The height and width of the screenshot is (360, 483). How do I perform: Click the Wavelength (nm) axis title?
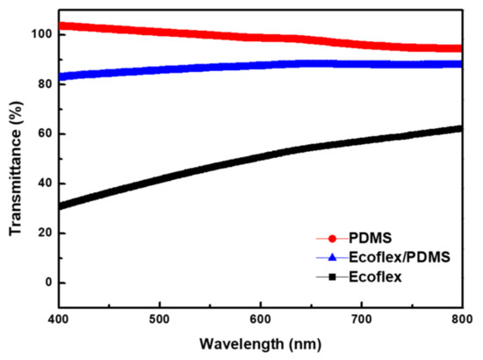[x=261, y=340]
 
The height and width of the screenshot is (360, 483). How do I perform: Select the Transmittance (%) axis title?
[x=16, y=167]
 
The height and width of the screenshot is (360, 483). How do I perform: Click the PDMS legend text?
[x=371, y=239]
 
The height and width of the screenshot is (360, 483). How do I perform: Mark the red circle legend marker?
[x=332, y=239]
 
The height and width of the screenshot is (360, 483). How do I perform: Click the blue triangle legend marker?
[x=332, y=257]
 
